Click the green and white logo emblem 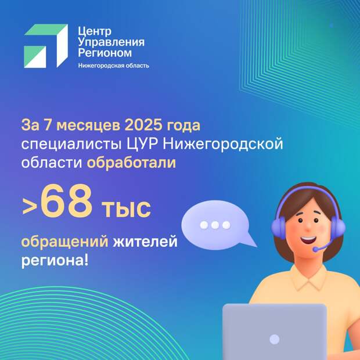(x=46, y=46)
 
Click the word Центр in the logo (x=95, y=31)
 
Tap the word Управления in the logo (x=111, y=42)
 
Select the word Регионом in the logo (x=105, y=53)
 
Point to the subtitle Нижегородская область (x=114, y=66)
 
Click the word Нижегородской (x=223, y=145)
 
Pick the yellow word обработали (x=131, y=163)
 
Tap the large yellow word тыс (x=127, y=208)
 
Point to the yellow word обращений (x=65, y=242)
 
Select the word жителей (x=145, y=242)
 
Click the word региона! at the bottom (x=55, y=261)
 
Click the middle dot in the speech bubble (x=215, y=225)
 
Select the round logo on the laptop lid (x=275, y=339)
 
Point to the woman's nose (x=308, y=227)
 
